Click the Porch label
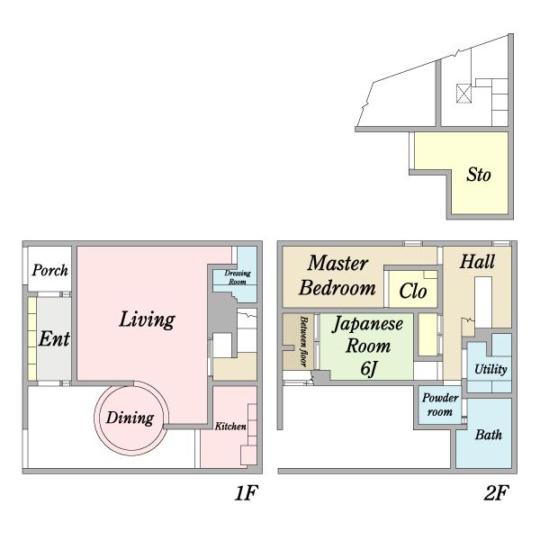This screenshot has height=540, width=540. click(49, 270)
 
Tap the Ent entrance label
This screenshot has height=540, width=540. click(54, 339)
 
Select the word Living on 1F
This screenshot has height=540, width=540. click(147, 319)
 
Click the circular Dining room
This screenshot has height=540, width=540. click(130, 418)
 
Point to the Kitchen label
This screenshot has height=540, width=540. click(230, 427)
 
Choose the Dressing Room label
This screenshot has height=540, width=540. click(238, 277)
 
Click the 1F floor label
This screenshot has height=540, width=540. click(247, 493)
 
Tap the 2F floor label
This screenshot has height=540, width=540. click(496, 493)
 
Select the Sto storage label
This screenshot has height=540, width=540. click(479, 175)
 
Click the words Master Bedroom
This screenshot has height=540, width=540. click(337, 275)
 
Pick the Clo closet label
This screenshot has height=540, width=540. click(413, 292)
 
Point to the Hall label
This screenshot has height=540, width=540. click(477, 262)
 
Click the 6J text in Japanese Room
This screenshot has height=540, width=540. click(368, 369)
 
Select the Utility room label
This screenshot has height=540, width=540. click(490, 370)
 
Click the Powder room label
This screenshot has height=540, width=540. click(440, 405)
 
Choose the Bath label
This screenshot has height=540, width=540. click(489, 435)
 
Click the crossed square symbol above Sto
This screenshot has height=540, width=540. click(463, 94)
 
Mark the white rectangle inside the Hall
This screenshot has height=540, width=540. click(483, 302)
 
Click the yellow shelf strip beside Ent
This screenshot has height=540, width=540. click(32, 338)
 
